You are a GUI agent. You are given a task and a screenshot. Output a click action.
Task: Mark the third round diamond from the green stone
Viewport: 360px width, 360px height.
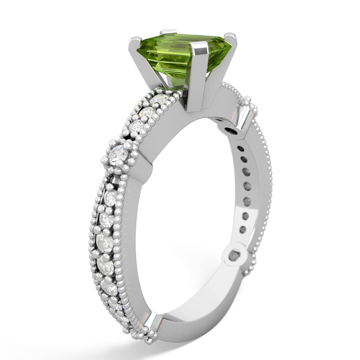point(138,126)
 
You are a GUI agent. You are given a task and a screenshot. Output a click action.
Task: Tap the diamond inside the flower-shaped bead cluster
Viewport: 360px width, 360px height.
point(117,155)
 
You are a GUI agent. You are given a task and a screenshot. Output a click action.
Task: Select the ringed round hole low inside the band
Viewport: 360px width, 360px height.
point(239,256)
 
